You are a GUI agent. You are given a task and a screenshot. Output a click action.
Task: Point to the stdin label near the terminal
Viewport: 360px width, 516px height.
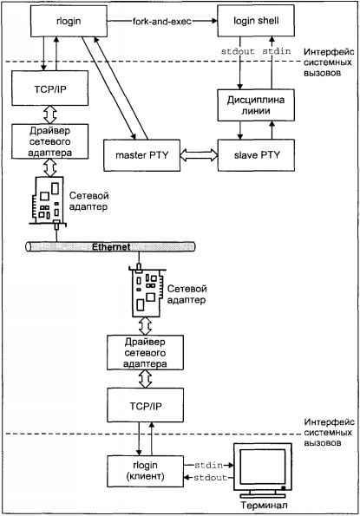click(x=206, y=466)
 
